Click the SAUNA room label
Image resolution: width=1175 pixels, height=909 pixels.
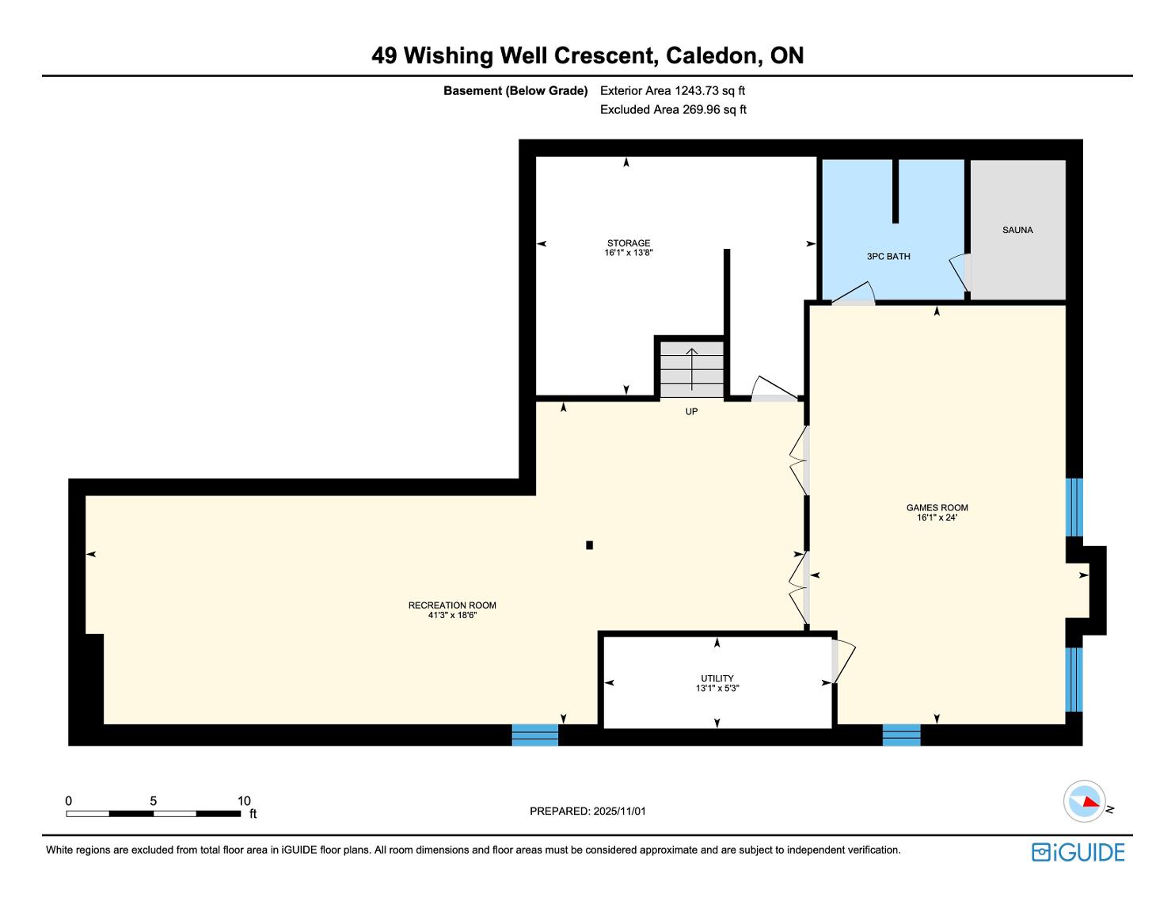(x=1017, y=230)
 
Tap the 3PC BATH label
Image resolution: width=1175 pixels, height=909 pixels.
(x=888, y=257)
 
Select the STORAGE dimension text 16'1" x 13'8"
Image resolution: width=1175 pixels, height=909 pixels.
(x=629, y=253)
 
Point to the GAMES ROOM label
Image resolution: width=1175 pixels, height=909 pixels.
(x=937, y=507)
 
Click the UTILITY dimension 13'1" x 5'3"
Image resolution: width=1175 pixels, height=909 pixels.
(x=717, y=688)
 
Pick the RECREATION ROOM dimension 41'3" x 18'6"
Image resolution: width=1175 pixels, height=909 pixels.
(x=452, y=615)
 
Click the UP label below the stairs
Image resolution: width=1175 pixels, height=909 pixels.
(x=691, y=412)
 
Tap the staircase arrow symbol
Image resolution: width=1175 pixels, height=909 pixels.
(x=691, y=369)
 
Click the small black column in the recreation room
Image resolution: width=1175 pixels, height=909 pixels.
(x=589, y=545)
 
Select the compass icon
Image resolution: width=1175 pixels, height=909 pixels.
(x=1084, y=801)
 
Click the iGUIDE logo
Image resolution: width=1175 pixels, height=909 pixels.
(x=1078, y=853)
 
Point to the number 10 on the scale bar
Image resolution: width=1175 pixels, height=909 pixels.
(x=244, y=800)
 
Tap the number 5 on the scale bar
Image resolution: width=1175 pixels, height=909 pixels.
(x=153, y=800)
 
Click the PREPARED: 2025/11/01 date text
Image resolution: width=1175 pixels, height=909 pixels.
(x=587, y=811)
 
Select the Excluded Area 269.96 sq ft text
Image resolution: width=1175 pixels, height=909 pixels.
(x=673, y=110)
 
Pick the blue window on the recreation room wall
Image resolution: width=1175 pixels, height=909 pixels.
(x=534, y=735)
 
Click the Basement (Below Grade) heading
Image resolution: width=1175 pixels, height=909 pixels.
(x=515, y=91)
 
